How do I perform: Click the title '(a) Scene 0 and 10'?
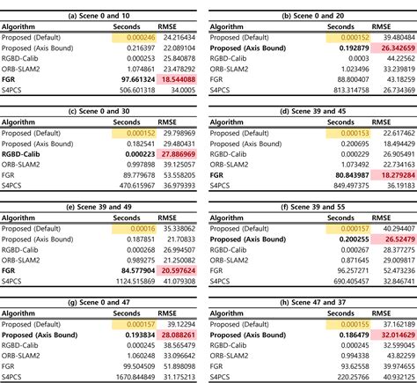[x=103, y=6]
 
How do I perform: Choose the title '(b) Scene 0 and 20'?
[x=314, y=6]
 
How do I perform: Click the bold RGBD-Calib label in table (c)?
[x=27, y=151]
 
